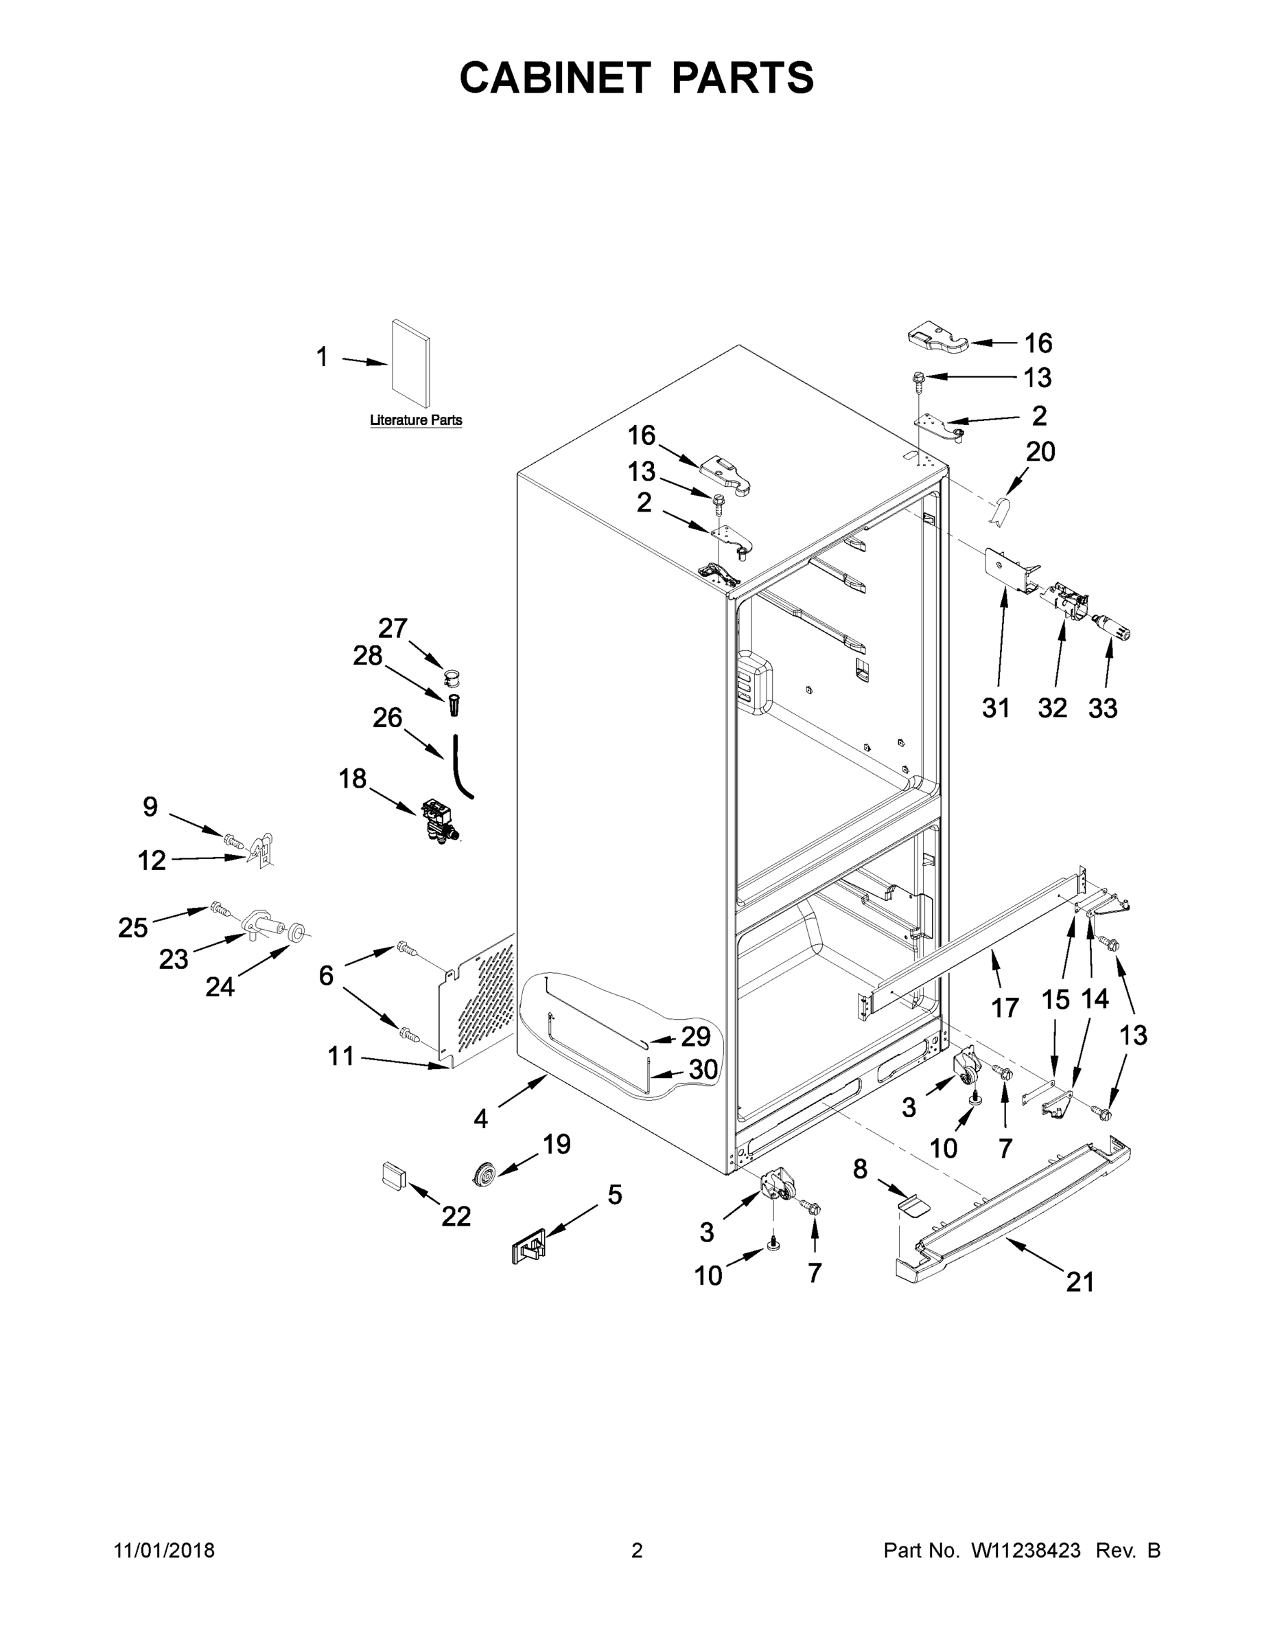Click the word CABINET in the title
pyautogui.click(x=554, y=78)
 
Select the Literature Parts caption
pyautogui.click(x=416, y=420)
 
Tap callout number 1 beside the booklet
pyautogui.click(x=322, y=357)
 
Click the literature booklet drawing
pyautogui.click(x=412, y=365)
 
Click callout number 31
pyautogui.click(x=996, y=708)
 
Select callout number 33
pyautogui.click(x=1103, y=708)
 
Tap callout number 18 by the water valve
pyautogui.click(x=352, y=778)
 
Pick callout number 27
pyautogui.click(x=392, y=628)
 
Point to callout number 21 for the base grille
pyautogui.click(x=1079, y=1281)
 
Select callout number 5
pyautogui.click(x=615, y=1195)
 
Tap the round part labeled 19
pyautogui.click(x=482, y=1174)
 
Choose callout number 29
pyautogui.click(x=695, y=1037)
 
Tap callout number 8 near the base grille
pyautogui.click(x=860, y=1169)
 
